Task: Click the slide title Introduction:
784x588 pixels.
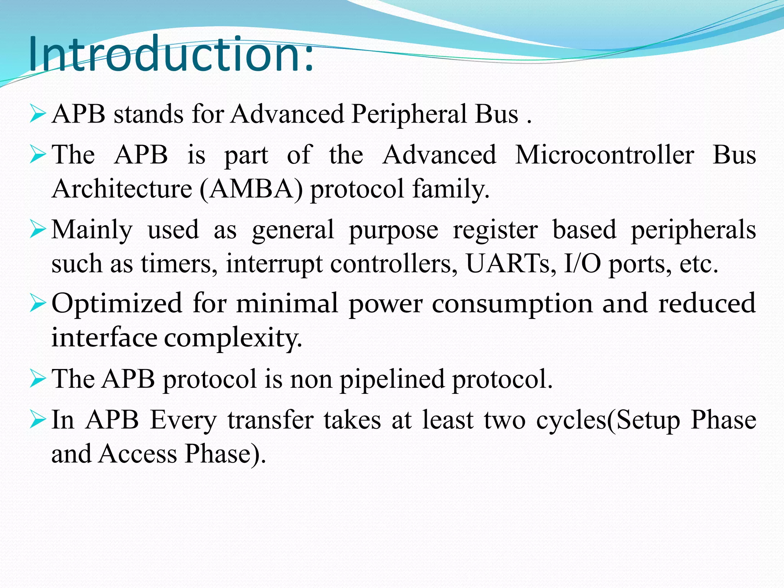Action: pos(170,54)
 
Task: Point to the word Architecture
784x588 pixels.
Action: pos(122,189)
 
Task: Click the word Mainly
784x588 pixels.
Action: pos(92,230)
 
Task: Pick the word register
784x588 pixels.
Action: pos(495,230)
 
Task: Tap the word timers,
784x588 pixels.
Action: pos(176,264)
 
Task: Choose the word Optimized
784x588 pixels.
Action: pos(117,304)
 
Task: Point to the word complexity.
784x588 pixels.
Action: pos(233,338)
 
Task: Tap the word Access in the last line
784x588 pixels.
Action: pos(138,454)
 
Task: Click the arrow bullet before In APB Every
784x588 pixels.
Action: pos(38,420)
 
